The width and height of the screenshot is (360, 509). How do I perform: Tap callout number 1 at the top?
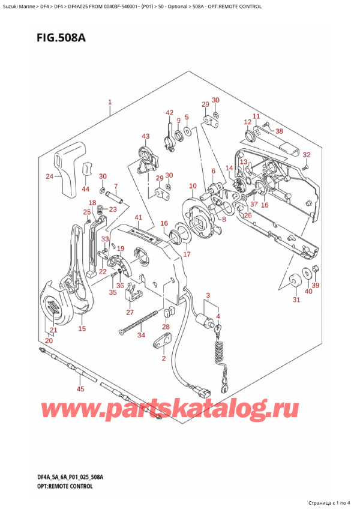(x=109, y=102)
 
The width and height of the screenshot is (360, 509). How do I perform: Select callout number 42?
(x=169, y=113)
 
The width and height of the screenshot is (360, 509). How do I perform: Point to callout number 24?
(x=50, y=176)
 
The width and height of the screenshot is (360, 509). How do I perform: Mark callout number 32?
(x=307, y=155)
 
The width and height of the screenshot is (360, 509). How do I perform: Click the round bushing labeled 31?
(x=295, y=280)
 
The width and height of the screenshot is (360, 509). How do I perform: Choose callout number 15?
(x=82, y=328)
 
